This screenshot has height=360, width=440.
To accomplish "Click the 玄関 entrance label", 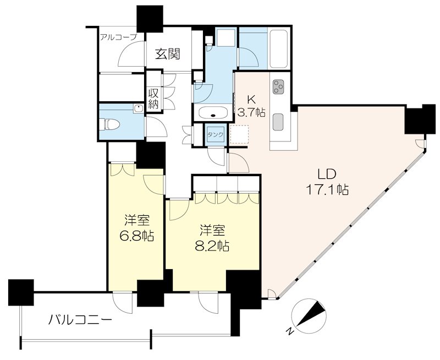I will pos(168,54).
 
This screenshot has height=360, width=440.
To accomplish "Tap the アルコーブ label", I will pos(118,37).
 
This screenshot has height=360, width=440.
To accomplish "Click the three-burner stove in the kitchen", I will pos(278,87).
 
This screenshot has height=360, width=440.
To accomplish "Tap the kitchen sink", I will pos(278,121).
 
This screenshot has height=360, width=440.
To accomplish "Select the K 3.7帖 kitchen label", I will pos(251,106).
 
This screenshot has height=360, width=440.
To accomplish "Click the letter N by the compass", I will pos(290,331).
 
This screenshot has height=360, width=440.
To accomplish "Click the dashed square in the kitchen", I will pos(240,134).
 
